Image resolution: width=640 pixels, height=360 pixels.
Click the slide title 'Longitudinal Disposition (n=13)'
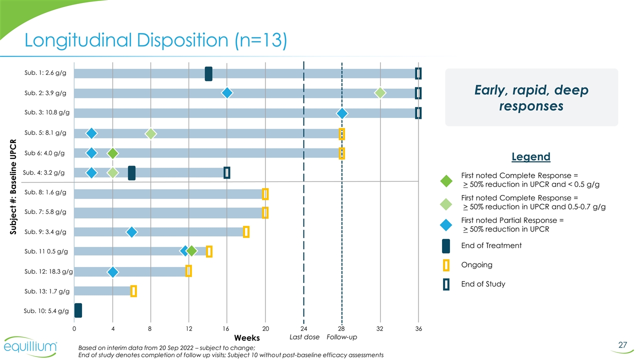coord(155,40)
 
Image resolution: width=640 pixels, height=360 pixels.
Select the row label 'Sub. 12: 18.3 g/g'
coord(48,271)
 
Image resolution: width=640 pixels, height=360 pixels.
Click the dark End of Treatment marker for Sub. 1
coord(208,73)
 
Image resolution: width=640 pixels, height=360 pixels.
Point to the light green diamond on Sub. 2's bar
coord(380,93)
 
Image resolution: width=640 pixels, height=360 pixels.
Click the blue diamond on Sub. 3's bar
coord(342,113)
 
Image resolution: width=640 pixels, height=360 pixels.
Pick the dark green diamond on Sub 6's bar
coord(113,153)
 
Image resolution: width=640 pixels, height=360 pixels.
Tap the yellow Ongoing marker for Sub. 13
coord(133,291)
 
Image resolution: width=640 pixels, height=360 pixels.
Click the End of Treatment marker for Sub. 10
coord(78,310)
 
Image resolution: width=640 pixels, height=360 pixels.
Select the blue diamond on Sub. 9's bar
coord(131,232)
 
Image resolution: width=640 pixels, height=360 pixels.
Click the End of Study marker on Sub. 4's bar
coord(227,172)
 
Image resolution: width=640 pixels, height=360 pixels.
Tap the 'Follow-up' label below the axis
coord(341,337)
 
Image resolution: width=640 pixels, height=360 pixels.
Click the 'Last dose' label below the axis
coord(304,337)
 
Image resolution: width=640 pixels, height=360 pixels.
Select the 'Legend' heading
coord(530,156)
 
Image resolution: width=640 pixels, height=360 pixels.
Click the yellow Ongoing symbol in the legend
coord(446,265)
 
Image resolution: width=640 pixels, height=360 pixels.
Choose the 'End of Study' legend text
coord(483,284)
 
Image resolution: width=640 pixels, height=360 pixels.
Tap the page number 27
coord(622,344)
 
